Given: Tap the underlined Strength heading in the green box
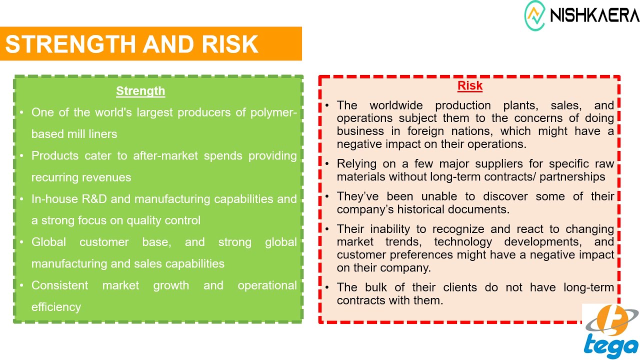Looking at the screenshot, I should coord(140,91).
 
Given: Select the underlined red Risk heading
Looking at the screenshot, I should coord(470,85).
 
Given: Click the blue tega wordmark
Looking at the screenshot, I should coord(611,346).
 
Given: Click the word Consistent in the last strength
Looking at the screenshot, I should coord(59,285).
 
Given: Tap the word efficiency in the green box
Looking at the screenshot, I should coord(56,307).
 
